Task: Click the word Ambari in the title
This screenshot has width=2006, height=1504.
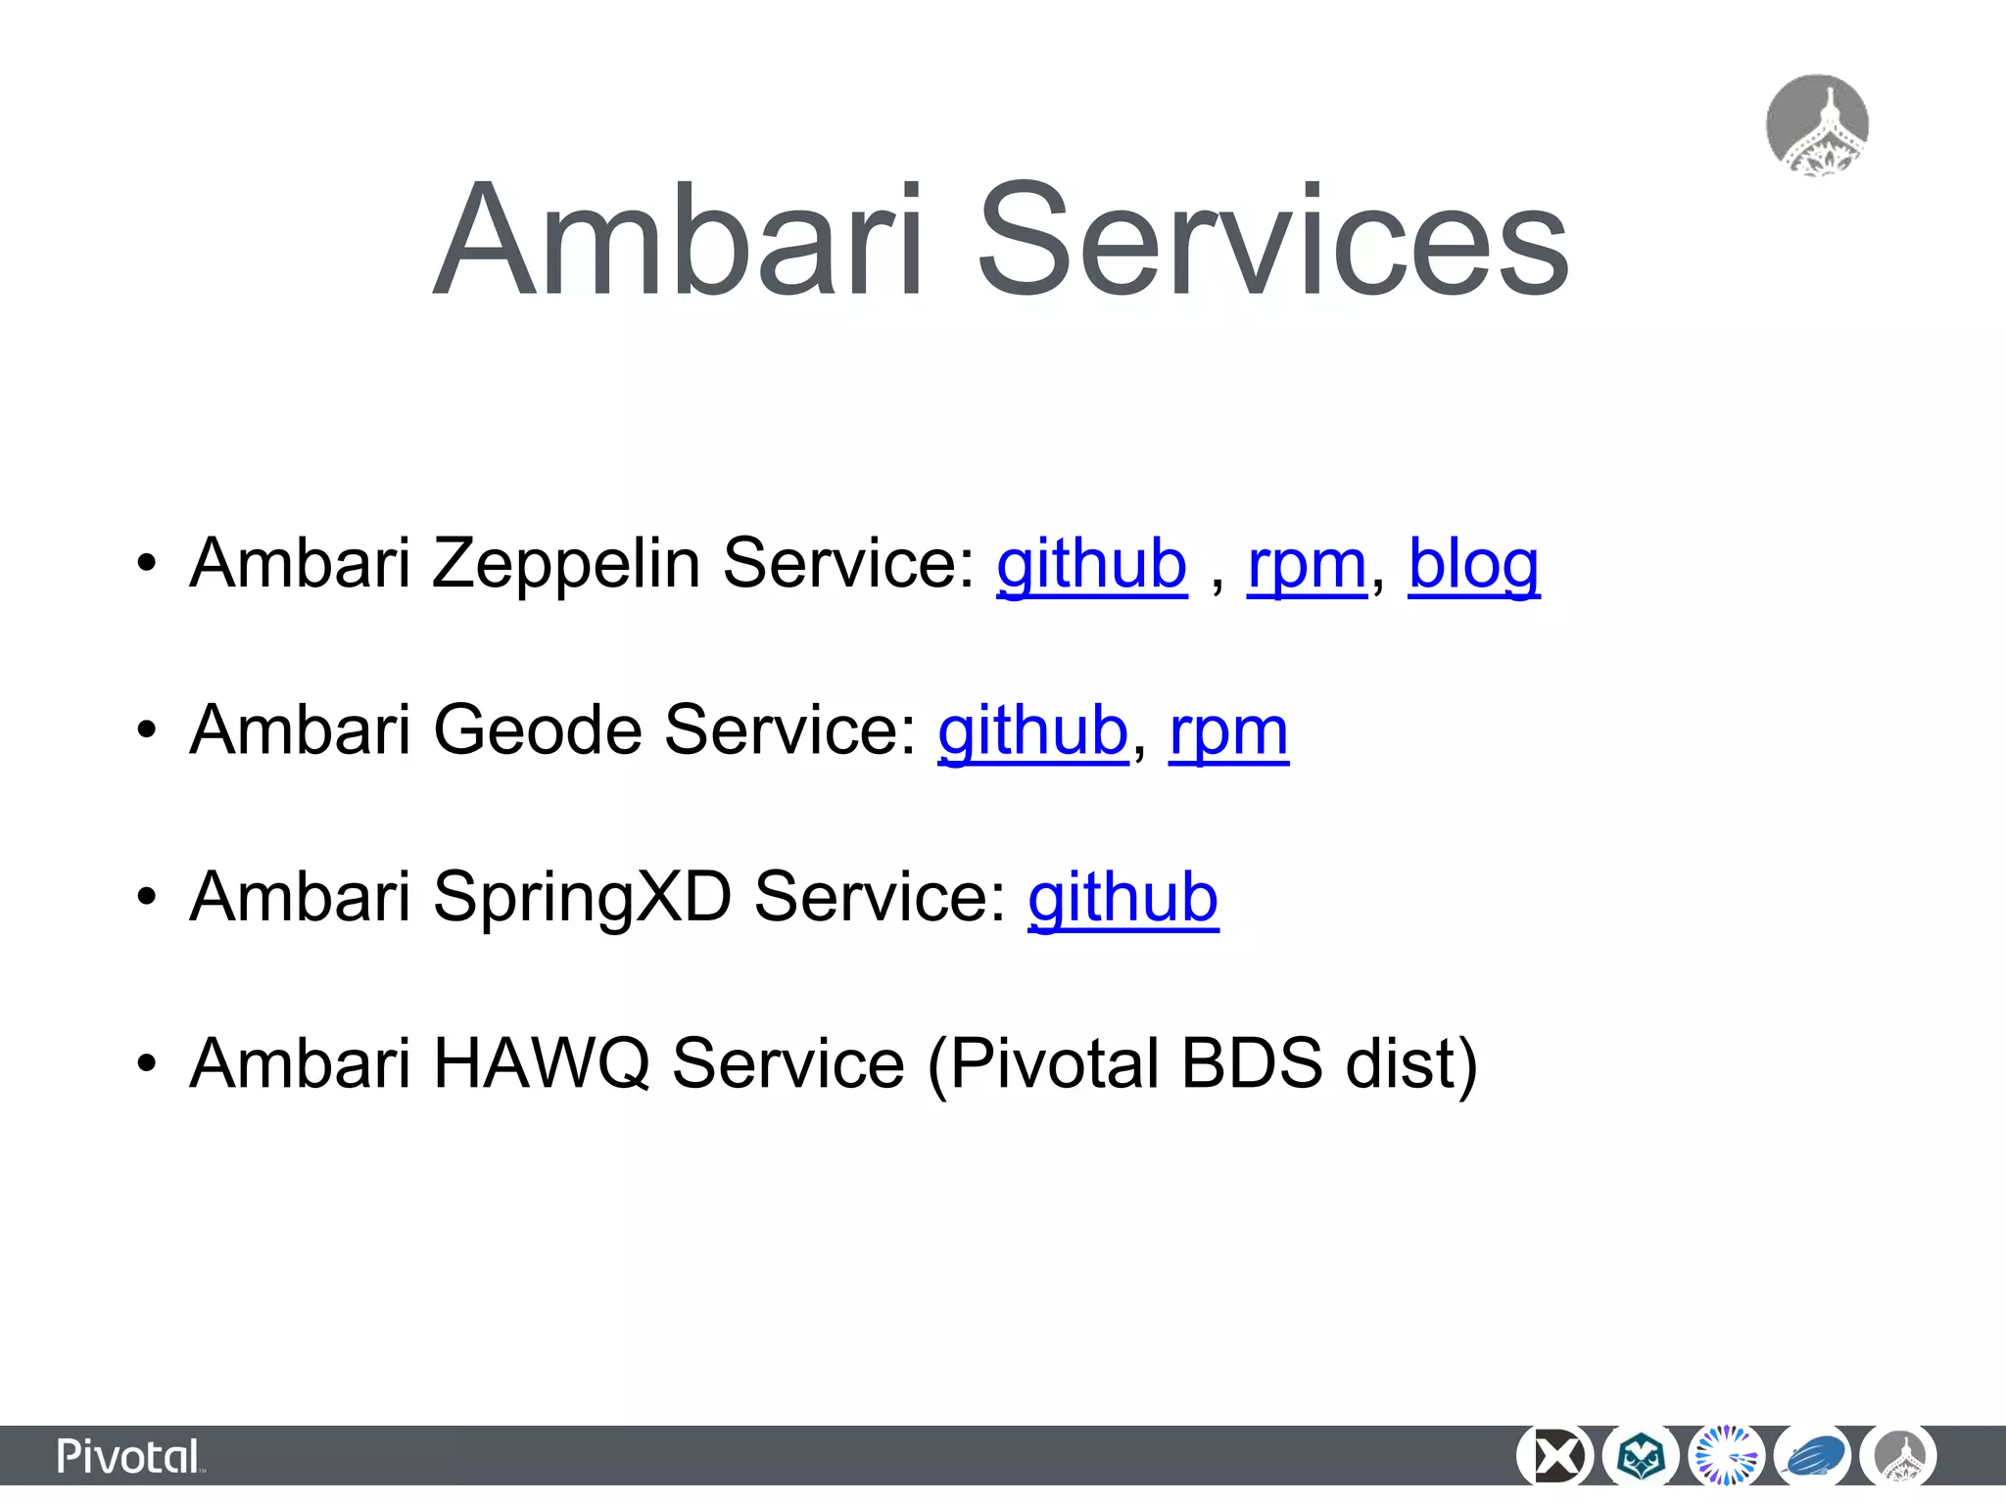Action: (680, 240)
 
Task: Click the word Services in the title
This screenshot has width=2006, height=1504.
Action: (1273, 240)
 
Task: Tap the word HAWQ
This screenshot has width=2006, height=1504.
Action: (541, 1063)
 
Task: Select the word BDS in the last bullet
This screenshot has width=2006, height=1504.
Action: (1252, 1063)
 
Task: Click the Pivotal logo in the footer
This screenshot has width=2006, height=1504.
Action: (129, 1457)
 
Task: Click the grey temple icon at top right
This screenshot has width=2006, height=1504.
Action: (1817, 125)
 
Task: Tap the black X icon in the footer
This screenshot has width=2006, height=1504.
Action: (1554, 1457)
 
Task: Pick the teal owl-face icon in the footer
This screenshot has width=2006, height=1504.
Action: (1641, 1457)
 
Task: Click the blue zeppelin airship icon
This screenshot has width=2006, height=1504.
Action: (1813, 1457)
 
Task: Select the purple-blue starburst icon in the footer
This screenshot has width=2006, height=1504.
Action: (1727, 1457)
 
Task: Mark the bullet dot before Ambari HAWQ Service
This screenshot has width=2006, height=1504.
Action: (146, 1063)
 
